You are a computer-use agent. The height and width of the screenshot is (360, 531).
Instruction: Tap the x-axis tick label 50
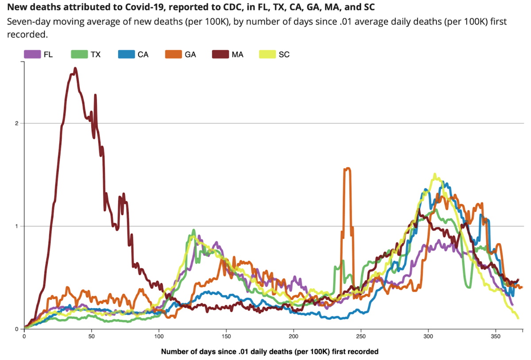click(92, 337)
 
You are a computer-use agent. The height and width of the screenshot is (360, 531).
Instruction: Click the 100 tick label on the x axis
click(159, 337)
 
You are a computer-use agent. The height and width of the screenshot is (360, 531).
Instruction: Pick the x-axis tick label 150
click(226, 337)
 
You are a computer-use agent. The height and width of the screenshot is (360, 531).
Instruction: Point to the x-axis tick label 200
click(293, 337)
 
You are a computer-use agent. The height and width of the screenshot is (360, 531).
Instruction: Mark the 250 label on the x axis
click(361, 337)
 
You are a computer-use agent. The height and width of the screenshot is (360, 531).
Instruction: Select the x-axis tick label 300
click(428, 337)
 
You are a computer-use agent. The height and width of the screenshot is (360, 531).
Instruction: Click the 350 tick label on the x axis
click(495, 337)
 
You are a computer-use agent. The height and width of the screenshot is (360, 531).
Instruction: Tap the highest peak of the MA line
click(75, 69)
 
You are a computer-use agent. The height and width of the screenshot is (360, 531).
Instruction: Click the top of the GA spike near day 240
click(347, 168)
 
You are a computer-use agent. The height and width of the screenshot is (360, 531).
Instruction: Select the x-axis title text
click(269, 352)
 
